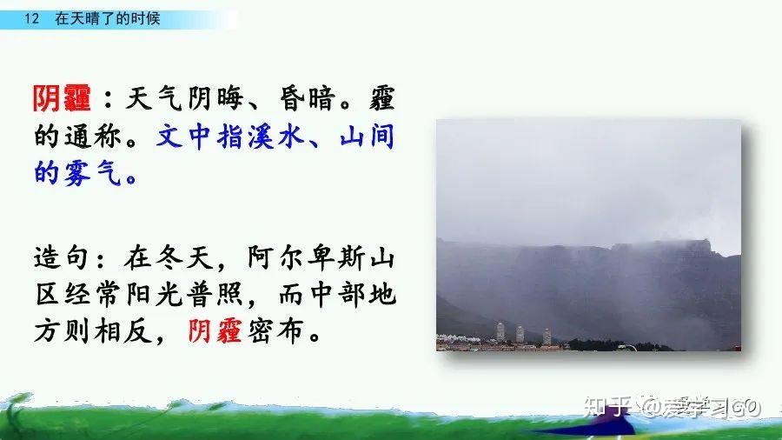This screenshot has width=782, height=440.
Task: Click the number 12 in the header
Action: (31, 19)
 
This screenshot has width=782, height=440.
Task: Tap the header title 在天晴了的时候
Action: (107, 19)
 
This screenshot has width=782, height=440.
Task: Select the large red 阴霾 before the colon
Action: (62, 98)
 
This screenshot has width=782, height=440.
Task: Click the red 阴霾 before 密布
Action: (215, 330)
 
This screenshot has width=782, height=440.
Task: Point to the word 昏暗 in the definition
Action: (306, 98)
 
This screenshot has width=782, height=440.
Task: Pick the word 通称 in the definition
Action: (93, 137)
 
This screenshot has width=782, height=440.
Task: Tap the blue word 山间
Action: (367, 137)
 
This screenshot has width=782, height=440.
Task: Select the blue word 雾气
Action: (93, 173)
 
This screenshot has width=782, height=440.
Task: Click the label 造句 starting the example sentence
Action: (62, 258)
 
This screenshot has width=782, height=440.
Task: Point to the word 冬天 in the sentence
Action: (184, 258)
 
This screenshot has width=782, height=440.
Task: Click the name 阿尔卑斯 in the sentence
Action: (306, 258)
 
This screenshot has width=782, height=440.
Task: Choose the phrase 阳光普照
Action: (184, 294)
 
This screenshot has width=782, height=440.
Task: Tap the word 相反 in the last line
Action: (123, 330)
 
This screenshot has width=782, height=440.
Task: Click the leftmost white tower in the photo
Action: (500, 332)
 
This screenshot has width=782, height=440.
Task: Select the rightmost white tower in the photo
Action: (547, 337)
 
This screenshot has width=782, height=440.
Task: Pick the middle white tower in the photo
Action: (520, 334)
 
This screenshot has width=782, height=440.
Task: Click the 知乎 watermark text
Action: (607, 407)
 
